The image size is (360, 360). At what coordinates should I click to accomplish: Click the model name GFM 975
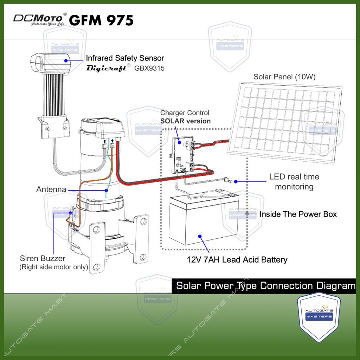point(101,20)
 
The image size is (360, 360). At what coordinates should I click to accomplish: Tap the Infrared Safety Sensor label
point(125,58)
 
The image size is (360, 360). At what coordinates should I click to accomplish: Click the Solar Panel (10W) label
point(284,77)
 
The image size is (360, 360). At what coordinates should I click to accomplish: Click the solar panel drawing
point(285,121)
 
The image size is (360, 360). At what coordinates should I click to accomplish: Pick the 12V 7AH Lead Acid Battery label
point(237,260)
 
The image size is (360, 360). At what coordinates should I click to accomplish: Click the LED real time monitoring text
point(294,181)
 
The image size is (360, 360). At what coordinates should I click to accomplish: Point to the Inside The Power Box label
point(298,214)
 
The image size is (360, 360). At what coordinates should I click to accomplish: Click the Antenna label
point(51,189)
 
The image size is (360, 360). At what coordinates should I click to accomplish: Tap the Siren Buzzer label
point(43,258)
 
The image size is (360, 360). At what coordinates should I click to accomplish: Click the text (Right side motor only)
point(53,267)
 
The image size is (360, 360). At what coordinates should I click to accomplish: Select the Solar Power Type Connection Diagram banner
point(265,285)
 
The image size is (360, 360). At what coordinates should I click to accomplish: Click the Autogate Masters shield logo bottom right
point(319,316)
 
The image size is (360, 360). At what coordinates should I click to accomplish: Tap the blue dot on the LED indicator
point(236,181)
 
